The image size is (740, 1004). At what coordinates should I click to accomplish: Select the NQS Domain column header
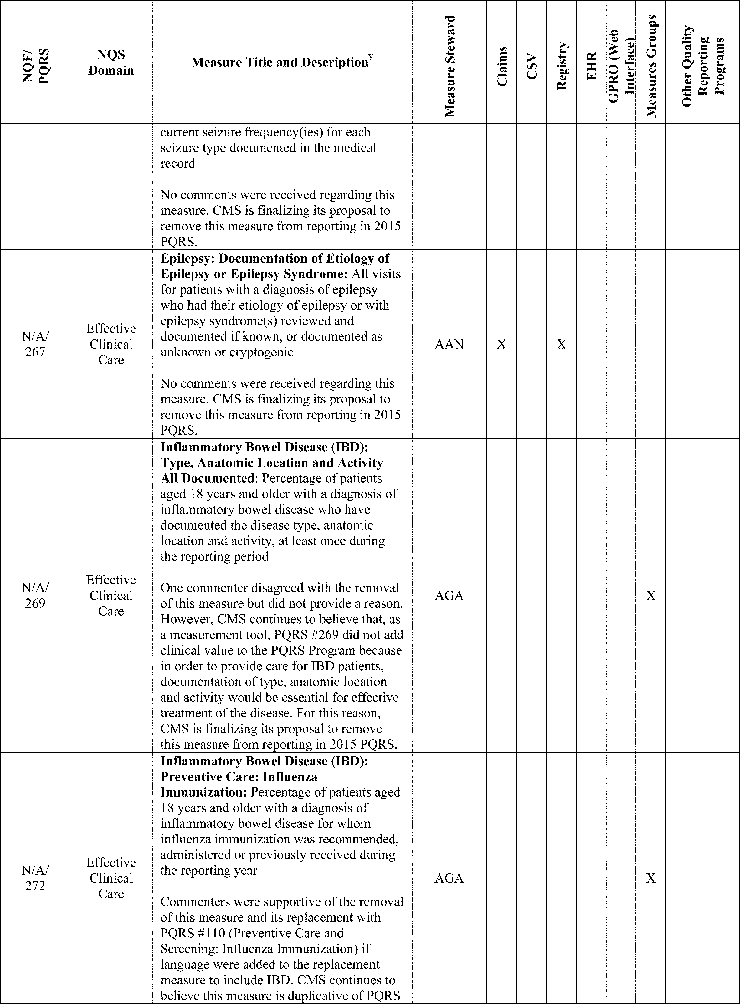pos(111,62)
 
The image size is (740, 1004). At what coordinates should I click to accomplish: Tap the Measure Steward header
pos(449,66)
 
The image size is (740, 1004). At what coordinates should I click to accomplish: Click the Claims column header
pos(502,66)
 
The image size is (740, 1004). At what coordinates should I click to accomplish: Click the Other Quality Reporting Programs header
pos(702,66)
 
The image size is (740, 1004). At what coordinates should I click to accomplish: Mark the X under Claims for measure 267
pos(502,344)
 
